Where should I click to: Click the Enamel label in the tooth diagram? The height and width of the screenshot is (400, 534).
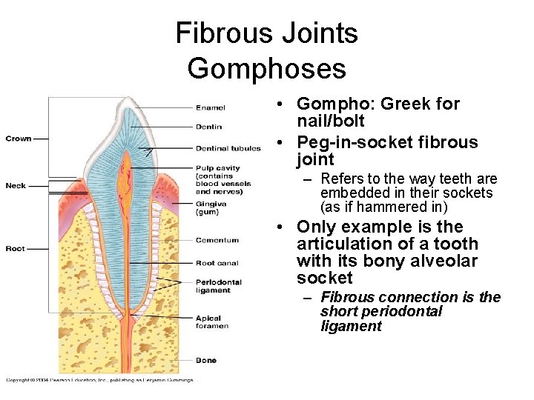click(211, 108)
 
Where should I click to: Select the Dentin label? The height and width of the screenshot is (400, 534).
click(208, 127)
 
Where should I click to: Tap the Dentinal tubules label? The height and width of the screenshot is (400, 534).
click(228, 148)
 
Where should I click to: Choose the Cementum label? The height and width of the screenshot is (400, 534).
click(217, 240)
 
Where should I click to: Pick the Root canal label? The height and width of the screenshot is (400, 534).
click(216, 263)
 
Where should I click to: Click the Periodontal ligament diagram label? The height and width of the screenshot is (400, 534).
click(218, 286)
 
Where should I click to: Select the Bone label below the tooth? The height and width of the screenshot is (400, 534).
click(206, 360)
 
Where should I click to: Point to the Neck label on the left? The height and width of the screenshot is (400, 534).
click(15, 185)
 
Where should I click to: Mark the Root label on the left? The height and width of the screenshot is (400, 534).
click(15, 249)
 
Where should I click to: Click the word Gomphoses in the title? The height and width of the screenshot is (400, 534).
click(266, 68)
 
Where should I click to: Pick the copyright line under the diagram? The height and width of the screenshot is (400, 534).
click(99, 380)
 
